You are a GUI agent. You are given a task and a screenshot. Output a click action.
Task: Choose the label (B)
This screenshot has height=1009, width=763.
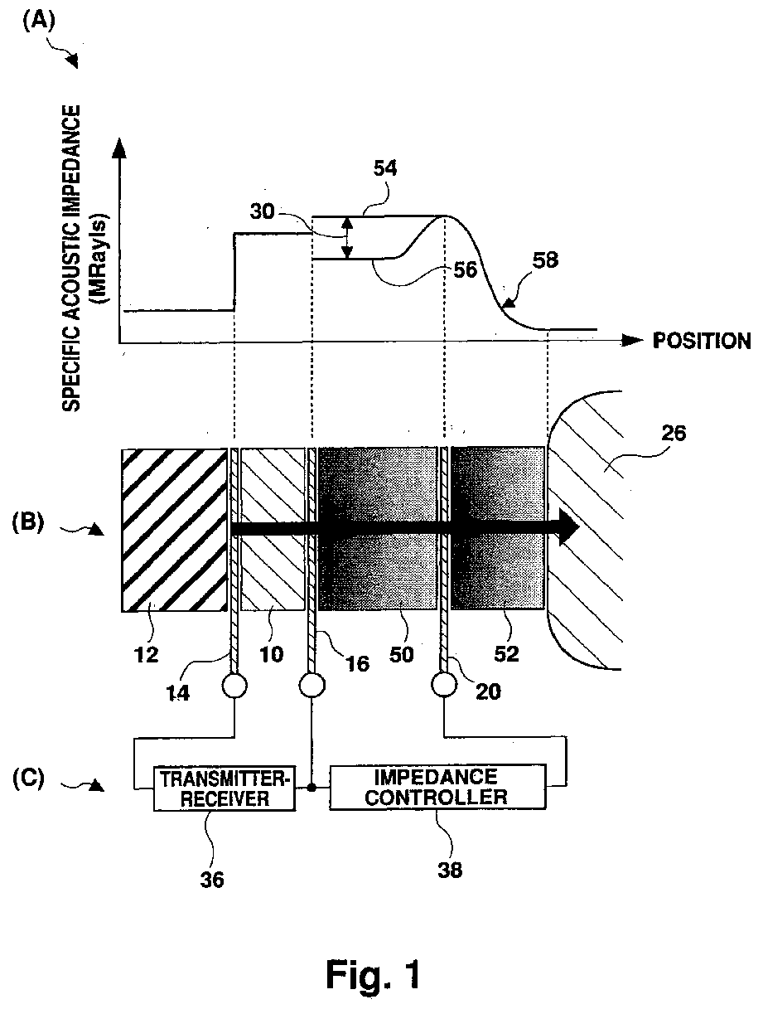(x=32, y=525)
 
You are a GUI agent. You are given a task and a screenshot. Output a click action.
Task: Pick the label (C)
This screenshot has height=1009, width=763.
(x=32, y=779)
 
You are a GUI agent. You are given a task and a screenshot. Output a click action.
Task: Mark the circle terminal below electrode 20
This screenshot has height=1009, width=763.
(x=446, y=686)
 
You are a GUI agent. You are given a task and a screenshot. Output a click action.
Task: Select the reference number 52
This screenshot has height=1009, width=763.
(x=505, y=653)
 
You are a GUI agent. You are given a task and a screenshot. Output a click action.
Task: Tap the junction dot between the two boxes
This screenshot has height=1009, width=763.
(x=311, y=788)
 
